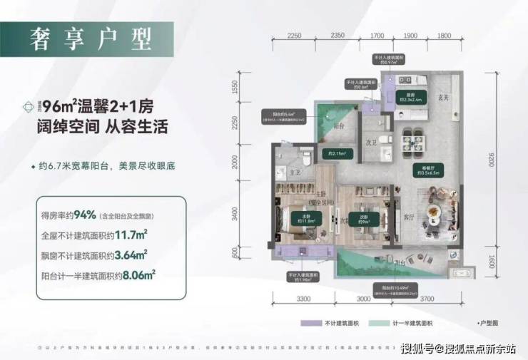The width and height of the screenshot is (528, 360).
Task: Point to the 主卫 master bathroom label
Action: pos(280,171)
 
